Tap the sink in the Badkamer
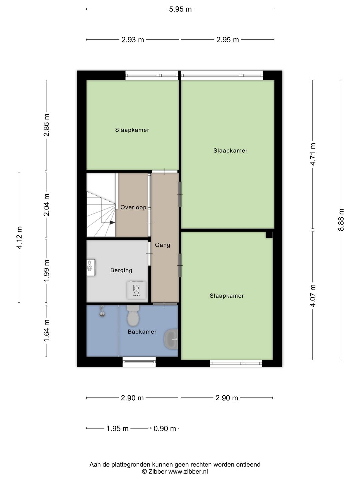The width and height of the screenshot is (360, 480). tap(171, 339)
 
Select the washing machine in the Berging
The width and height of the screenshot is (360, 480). tap(136, 290)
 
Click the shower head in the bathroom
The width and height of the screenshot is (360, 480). tap(102, 311)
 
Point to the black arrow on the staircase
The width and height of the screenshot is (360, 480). tap(112, 222)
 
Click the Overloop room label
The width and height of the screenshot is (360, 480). tap(133, 207)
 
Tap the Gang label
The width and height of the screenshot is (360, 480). tap(162, 245)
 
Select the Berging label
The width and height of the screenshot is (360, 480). tap(121, 271)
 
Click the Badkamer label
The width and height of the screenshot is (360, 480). tap(142, 332)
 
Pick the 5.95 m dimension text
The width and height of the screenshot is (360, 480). tap(180, 9)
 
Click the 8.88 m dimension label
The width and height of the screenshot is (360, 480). tap(341, 220)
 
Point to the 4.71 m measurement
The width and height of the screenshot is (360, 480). tap(313, 154)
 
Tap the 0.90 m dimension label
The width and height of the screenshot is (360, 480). tap(165, 429)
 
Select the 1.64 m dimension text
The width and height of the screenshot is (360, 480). tap(46, 331)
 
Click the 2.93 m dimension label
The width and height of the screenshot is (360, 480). tap(133, 40)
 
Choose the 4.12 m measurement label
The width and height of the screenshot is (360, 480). tap(19, 238)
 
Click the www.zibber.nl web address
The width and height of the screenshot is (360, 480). tap(188, 472)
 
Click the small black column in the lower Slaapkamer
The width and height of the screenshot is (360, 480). tap(269, 235)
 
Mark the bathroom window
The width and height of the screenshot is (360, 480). tap(139, 362)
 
